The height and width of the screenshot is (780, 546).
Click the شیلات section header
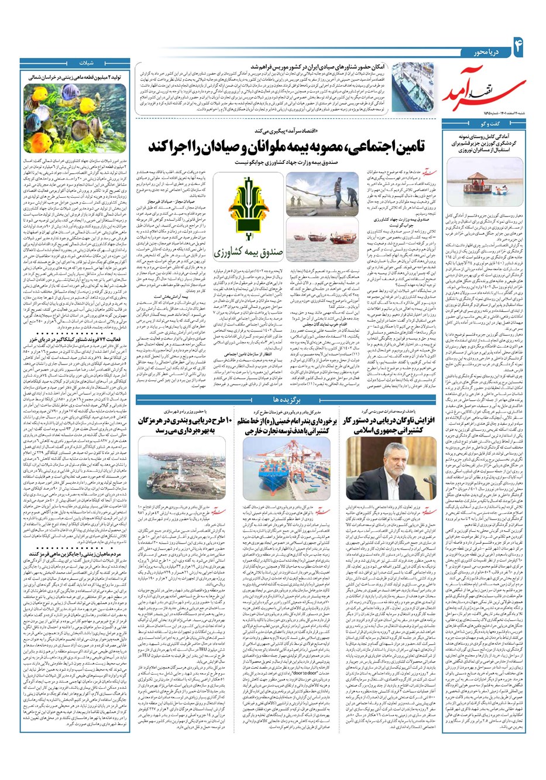(x=77, y=64)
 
